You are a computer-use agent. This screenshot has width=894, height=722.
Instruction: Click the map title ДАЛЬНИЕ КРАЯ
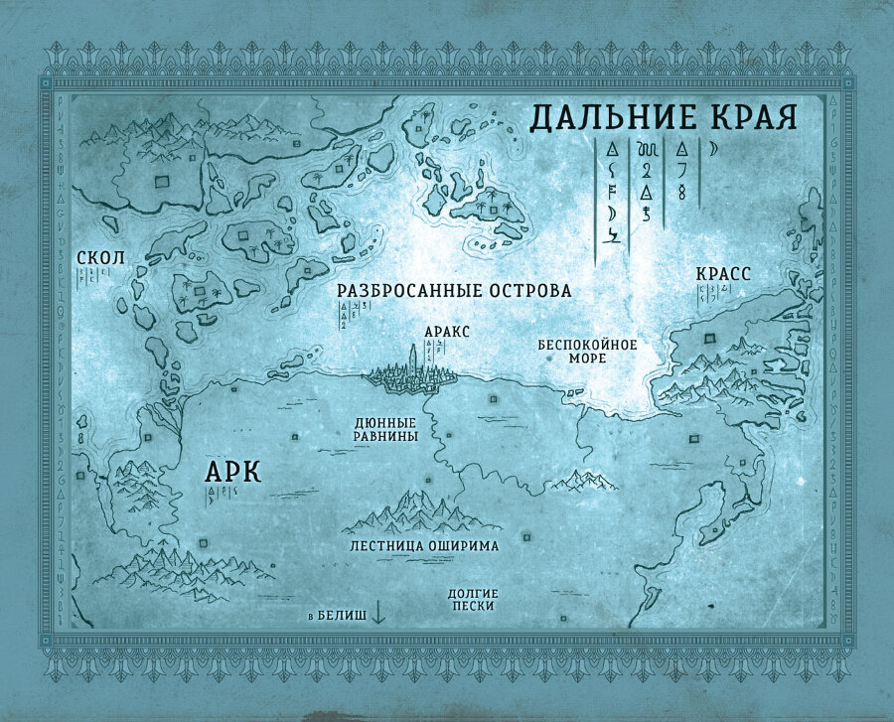pos(664,116)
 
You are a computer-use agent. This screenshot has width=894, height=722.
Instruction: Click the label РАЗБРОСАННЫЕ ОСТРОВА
pos(454,291)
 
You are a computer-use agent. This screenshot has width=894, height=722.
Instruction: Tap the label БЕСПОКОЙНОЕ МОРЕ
pos(587,353)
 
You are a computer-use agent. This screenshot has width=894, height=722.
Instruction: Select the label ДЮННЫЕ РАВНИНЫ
pos(385,428)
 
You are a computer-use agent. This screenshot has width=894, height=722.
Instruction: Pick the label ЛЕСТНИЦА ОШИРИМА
pos(423,545)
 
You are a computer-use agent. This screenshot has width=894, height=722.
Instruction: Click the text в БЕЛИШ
pos(337,616)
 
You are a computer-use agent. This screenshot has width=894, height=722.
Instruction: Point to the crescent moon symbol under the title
pos(712,150)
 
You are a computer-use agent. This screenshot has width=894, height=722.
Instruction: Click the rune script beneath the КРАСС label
pos(714,293)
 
